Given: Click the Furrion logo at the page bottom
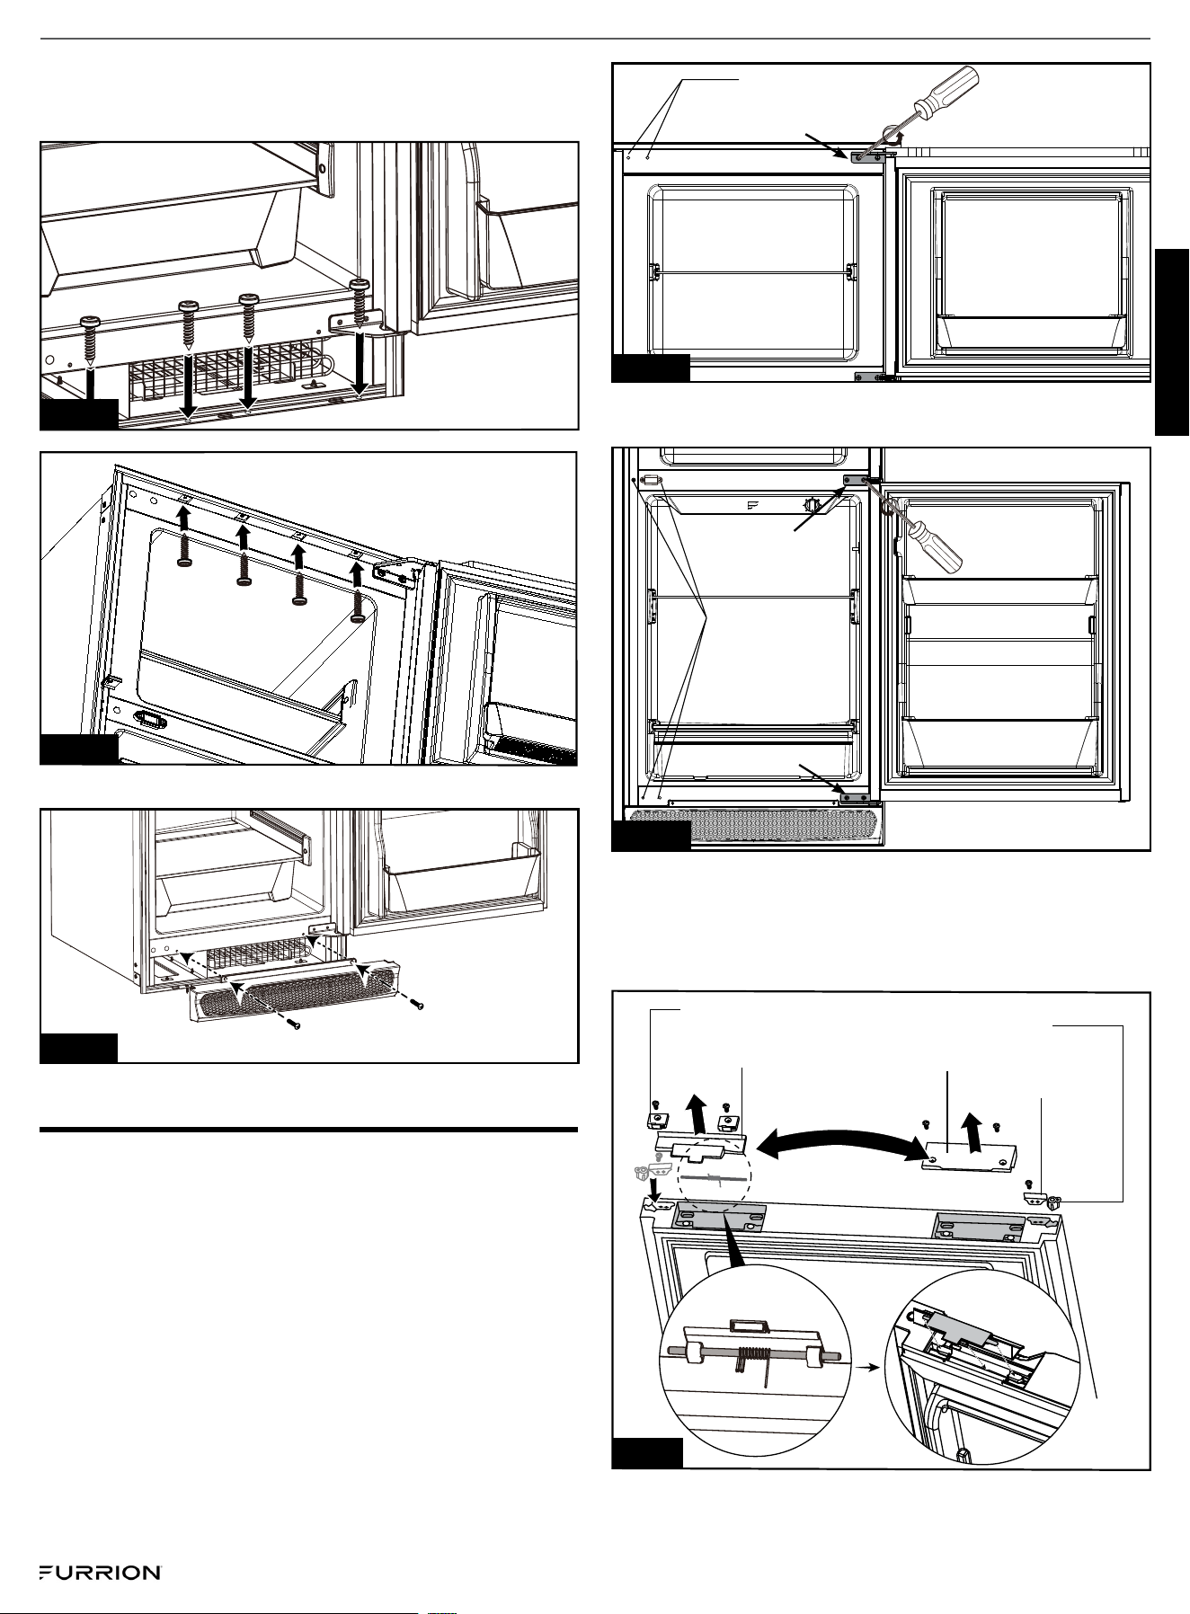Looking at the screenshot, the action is click(99, 1573).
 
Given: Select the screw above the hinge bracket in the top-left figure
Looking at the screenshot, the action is click(360, 296).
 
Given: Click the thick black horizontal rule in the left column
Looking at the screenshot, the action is click(308, 1129).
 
